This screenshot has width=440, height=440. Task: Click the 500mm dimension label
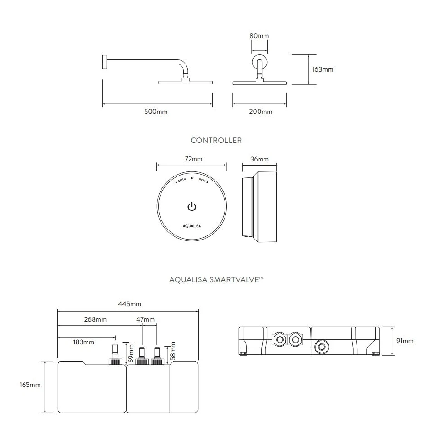tap(156, 112)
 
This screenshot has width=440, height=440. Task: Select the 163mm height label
tap(323, 69)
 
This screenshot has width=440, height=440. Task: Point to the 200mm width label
tap(261, 112)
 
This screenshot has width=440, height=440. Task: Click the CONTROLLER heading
tap(216, 141)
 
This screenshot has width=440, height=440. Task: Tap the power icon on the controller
tap(192, 207)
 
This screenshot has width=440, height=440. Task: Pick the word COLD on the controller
tap(181, 180)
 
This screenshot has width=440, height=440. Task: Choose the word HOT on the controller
tap(202, 180)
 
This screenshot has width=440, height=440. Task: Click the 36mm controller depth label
tap(259, 159)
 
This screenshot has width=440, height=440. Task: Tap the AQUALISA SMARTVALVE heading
tap(216, 280)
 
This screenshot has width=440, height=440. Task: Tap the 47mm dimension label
tap(146, 319)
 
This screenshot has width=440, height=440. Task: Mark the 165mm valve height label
tap(30, 385)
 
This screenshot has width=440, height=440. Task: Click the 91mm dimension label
tap(405, 341)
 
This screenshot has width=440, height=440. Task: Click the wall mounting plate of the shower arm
tap(104, 62)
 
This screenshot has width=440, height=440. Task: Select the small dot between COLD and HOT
tap(192, 178)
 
